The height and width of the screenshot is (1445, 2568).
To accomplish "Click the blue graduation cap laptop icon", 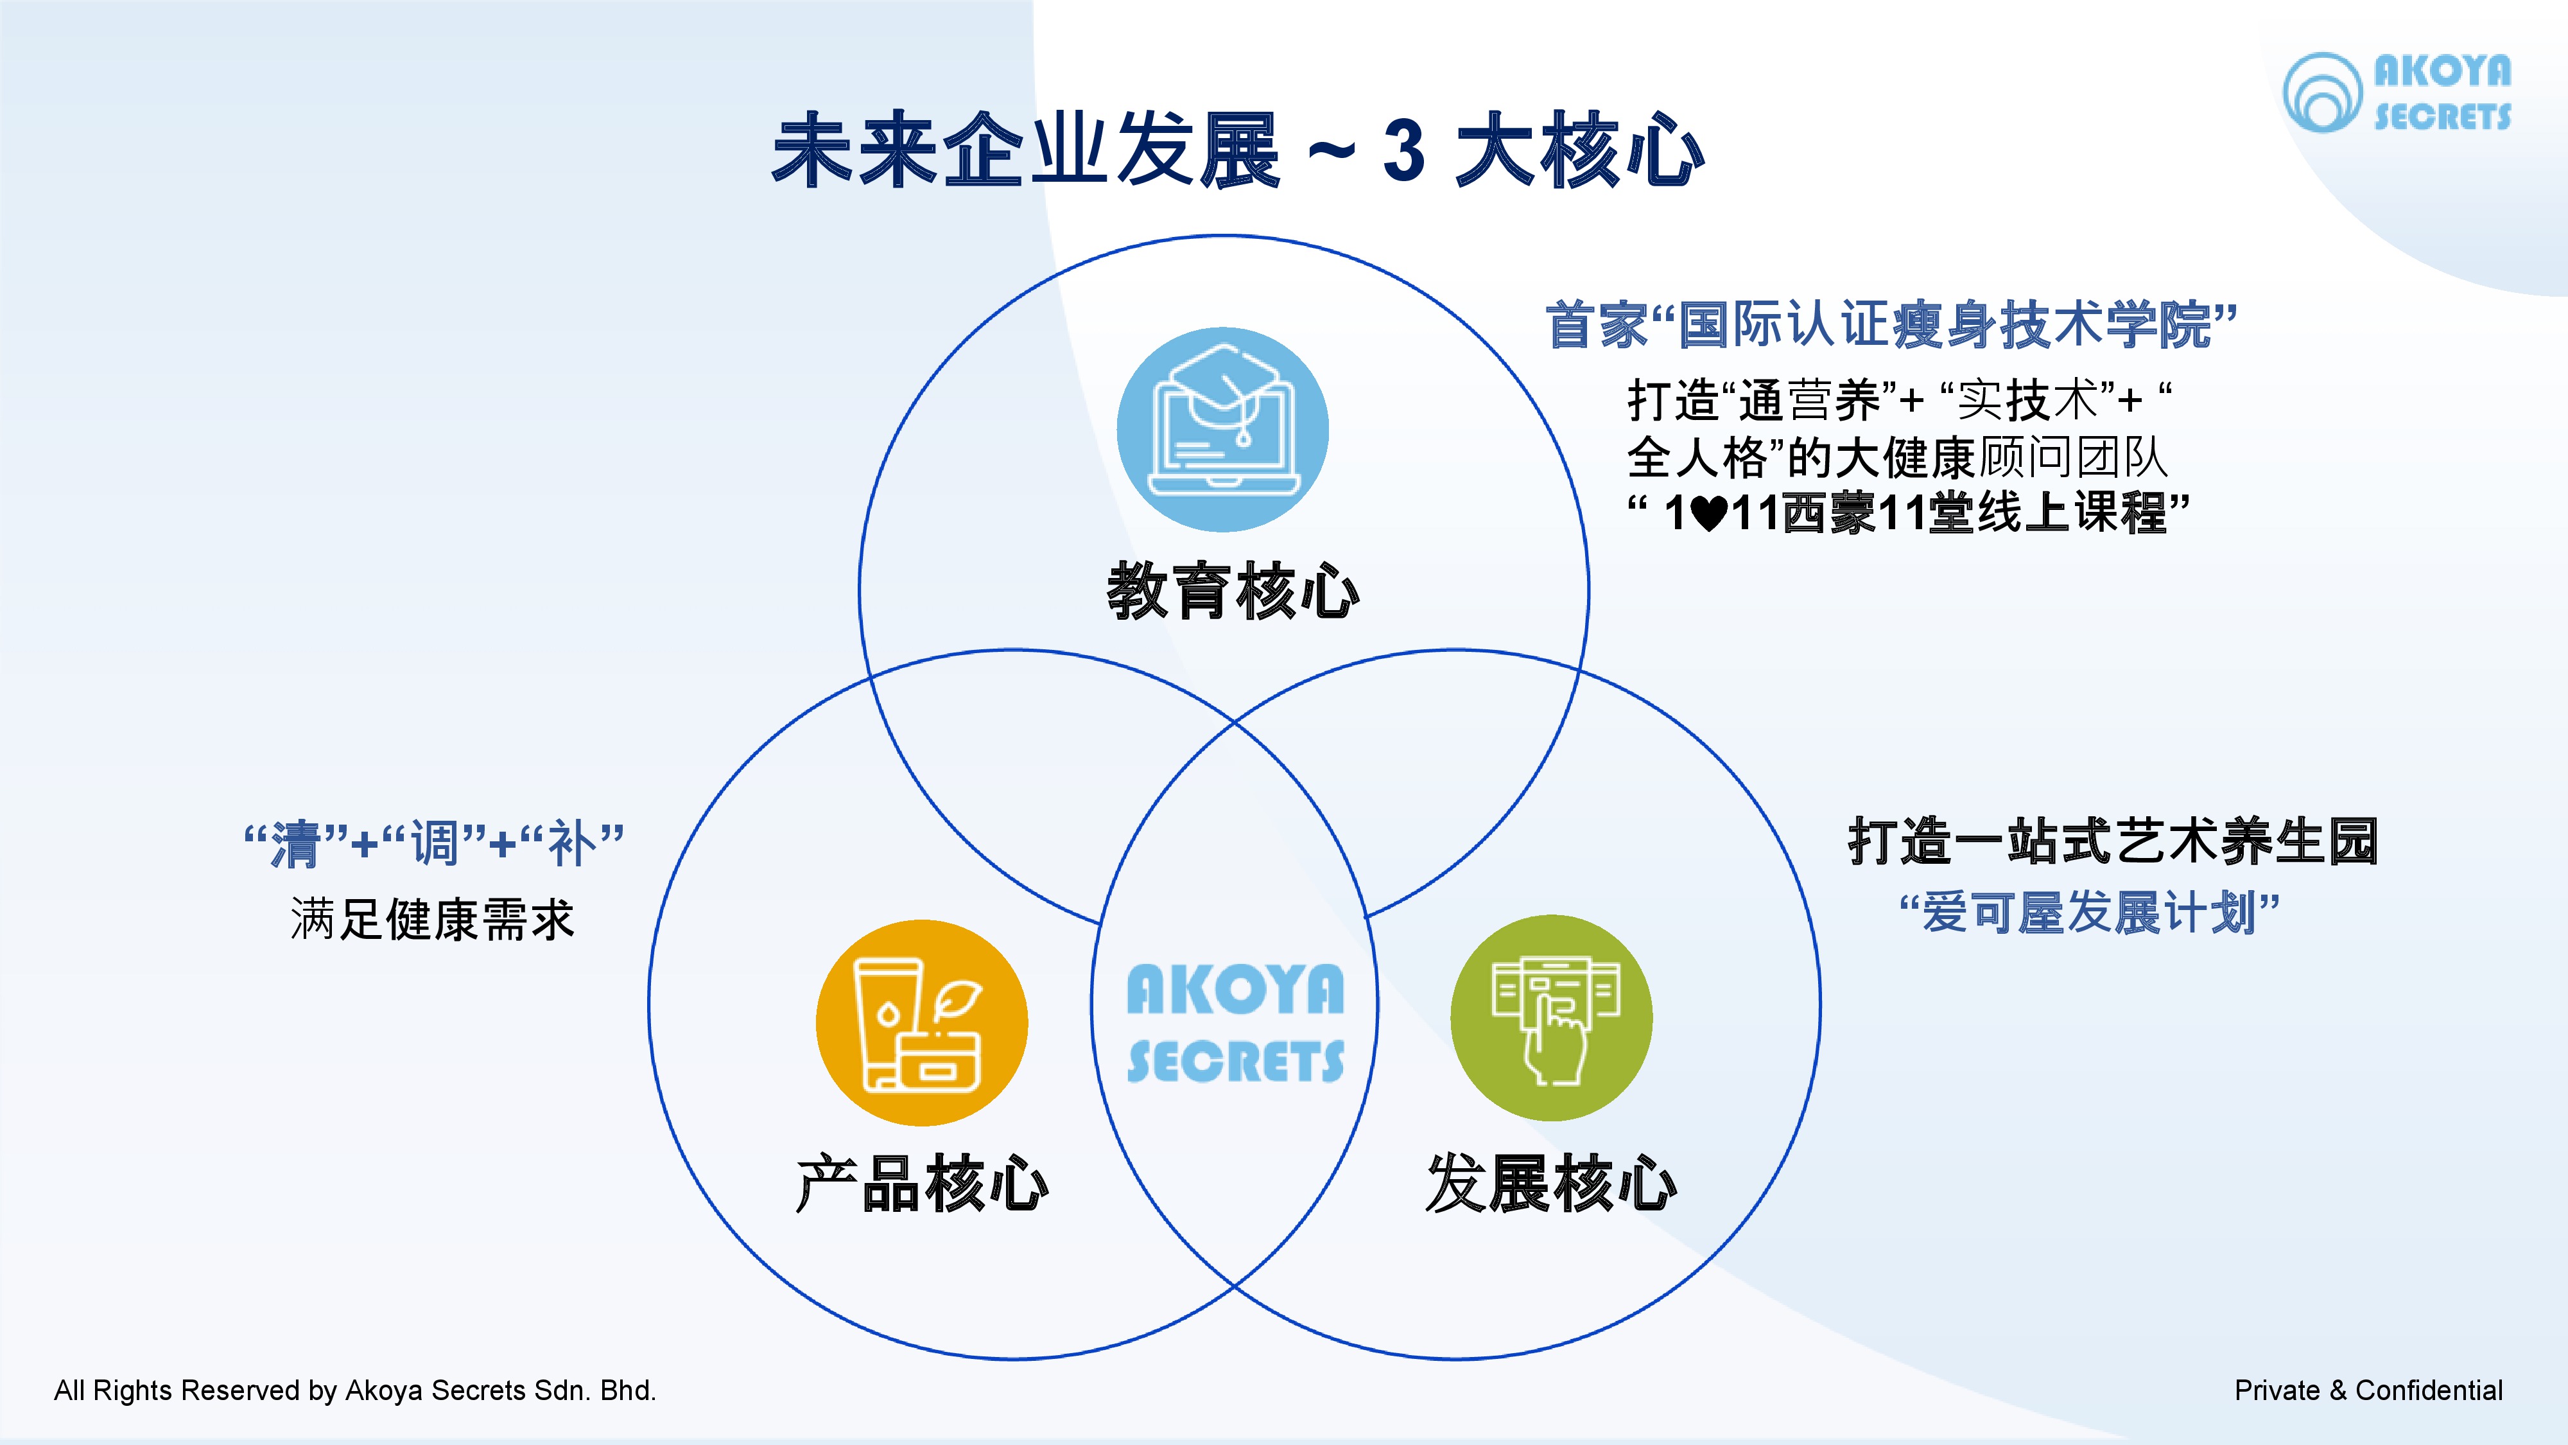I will pyautogui.click(x=1222, y=429).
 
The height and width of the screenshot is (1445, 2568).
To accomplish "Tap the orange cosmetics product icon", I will pyautogui.click(x=921, y=1023).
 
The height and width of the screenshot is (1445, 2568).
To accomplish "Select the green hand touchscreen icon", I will pyautogui.click(x=1551, y=1018).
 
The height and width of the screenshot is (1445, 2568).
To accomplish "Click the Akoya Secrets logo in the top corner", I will pyautogui.click(x=2397, y=92).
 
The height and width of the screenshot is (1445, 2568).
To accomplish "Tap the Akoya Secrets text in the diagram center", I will pyautogui.click(x=1235, y=1023).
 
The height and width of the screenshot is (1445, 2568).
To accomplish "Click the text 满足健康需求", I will pyautogui.click(x=431, y=918).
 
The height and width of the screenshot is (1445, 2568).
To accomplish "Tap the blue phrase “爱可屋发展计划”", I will pyautogui.click(x=2090, y=913).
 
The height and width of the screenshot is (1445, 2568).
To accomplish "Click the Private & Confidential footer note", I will pyautogui.click(x=2368, y=1390).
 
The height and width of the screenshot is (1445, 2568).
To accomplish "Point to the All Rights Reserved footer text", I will pyautogui.click(x=355, y=1390).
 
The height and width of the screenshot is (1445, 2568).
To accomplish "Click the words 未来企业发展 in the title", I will pyautogui.click(x=1027, y=152).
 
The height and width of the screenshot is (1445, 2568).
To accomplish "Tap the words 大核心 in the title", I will pyautogui.click(x=1579, y=152).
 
